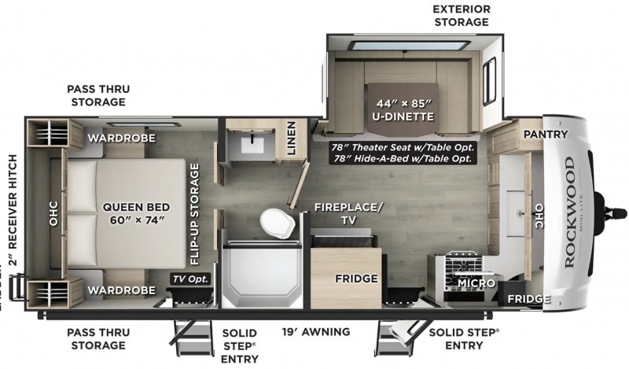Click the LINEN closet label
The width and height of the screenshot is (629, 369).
click(291, 141)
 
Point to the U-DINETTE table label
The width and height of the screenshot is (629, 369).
click(402, 111)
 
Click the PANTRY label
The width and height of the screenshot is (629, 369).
click(545, 134)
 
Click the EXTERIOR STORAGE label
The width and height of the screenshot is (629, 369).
click(461, 15)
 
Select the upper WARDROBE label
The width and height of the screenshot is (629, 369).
click(120, 138)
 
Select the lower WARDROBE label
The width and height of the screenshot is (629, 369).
click(120, 290)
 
